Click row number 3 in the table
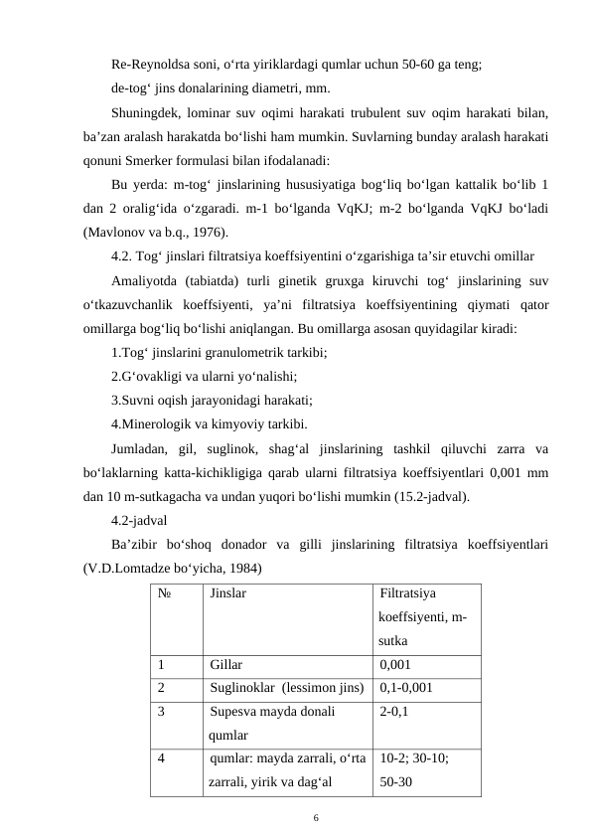pos(161,711)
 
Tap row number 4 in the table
pos(161,757)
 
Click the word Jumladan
pos(141,448)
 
